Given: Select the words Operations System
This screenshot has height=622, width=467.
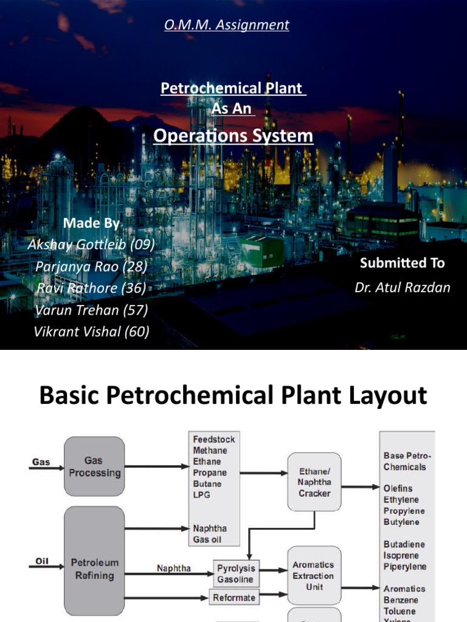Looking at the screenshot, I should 233,135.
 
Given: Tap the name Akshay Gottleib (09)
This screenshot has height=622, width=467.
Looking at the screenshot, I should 91,244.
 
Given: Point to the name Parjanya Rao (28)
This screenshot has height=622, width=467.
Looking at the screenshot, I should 91,266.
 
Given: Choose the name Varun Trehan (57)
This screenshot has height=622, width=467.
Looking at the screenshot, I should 91,310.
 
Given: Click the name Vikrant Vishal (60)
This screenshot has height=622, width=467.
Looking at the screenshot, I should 91,332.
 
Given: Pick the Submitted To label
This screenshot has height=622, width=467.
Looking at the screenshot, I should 402,263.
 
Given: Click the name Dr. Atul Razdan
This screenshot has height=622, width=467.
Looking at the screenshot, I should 402,287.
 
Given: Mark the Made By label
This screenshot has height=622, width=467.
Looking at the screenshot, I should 92,223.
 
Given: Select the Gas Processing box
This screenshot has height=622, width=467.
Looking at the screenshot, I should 94,466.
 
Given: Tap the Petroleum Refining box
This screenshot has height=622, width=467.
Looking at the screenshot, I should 94,569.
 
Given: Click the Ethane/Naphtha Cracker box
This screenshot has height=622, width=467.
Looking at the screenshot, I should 314,482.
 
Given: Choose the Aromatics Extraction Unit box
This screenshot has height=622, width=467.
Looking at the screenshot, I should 313,576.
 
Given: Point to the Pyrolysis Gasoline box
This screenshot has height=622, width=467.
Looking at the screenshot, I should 236,574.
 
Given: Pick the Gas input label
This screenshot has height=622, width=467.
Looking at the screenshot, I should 40,462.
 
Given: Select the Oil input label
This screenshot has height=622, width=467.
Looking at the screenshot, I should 41,562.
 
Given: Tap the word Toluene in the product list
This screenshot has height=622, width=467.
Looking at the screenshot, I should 400,611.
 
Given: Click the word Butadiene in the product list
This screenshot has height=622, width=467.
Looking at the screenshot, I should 404,544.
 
